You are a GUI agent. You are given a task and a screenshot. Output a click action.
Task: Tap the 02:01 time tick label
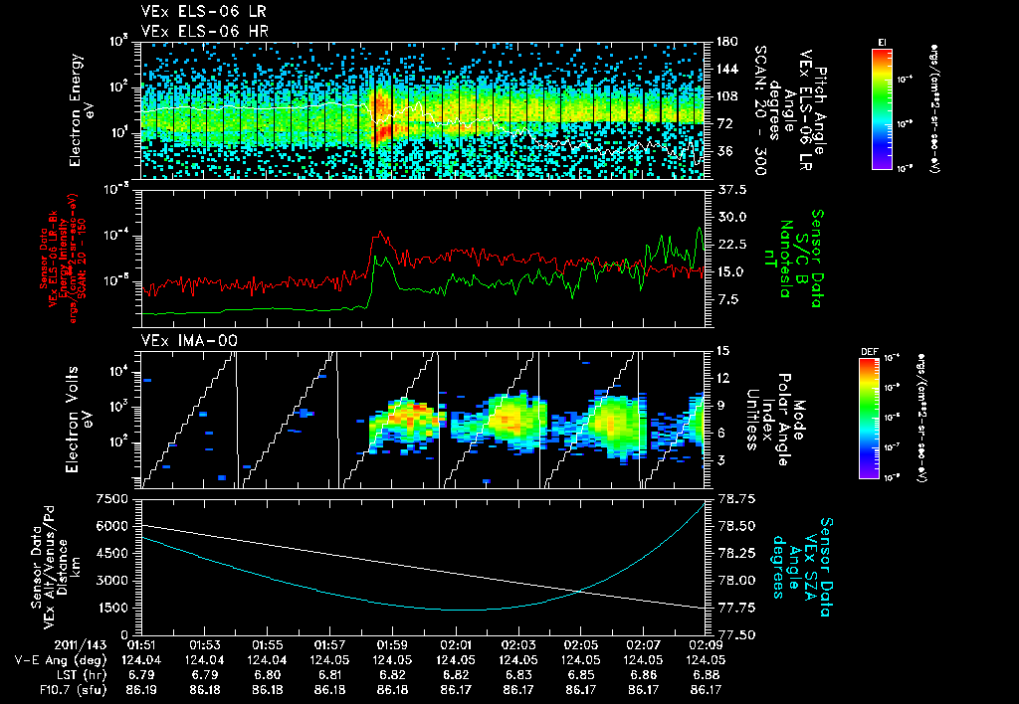(x=456, y=644)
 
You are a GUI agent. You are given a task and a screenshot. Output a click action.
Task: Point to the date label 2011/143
(x=45, y=644)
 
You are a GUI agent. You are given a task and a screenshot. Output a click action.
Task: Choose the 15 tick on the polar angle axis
(x=721, y=350)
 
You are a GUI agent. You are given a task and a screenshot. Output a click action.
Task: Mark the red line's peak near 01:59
(x=377, y=235)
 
